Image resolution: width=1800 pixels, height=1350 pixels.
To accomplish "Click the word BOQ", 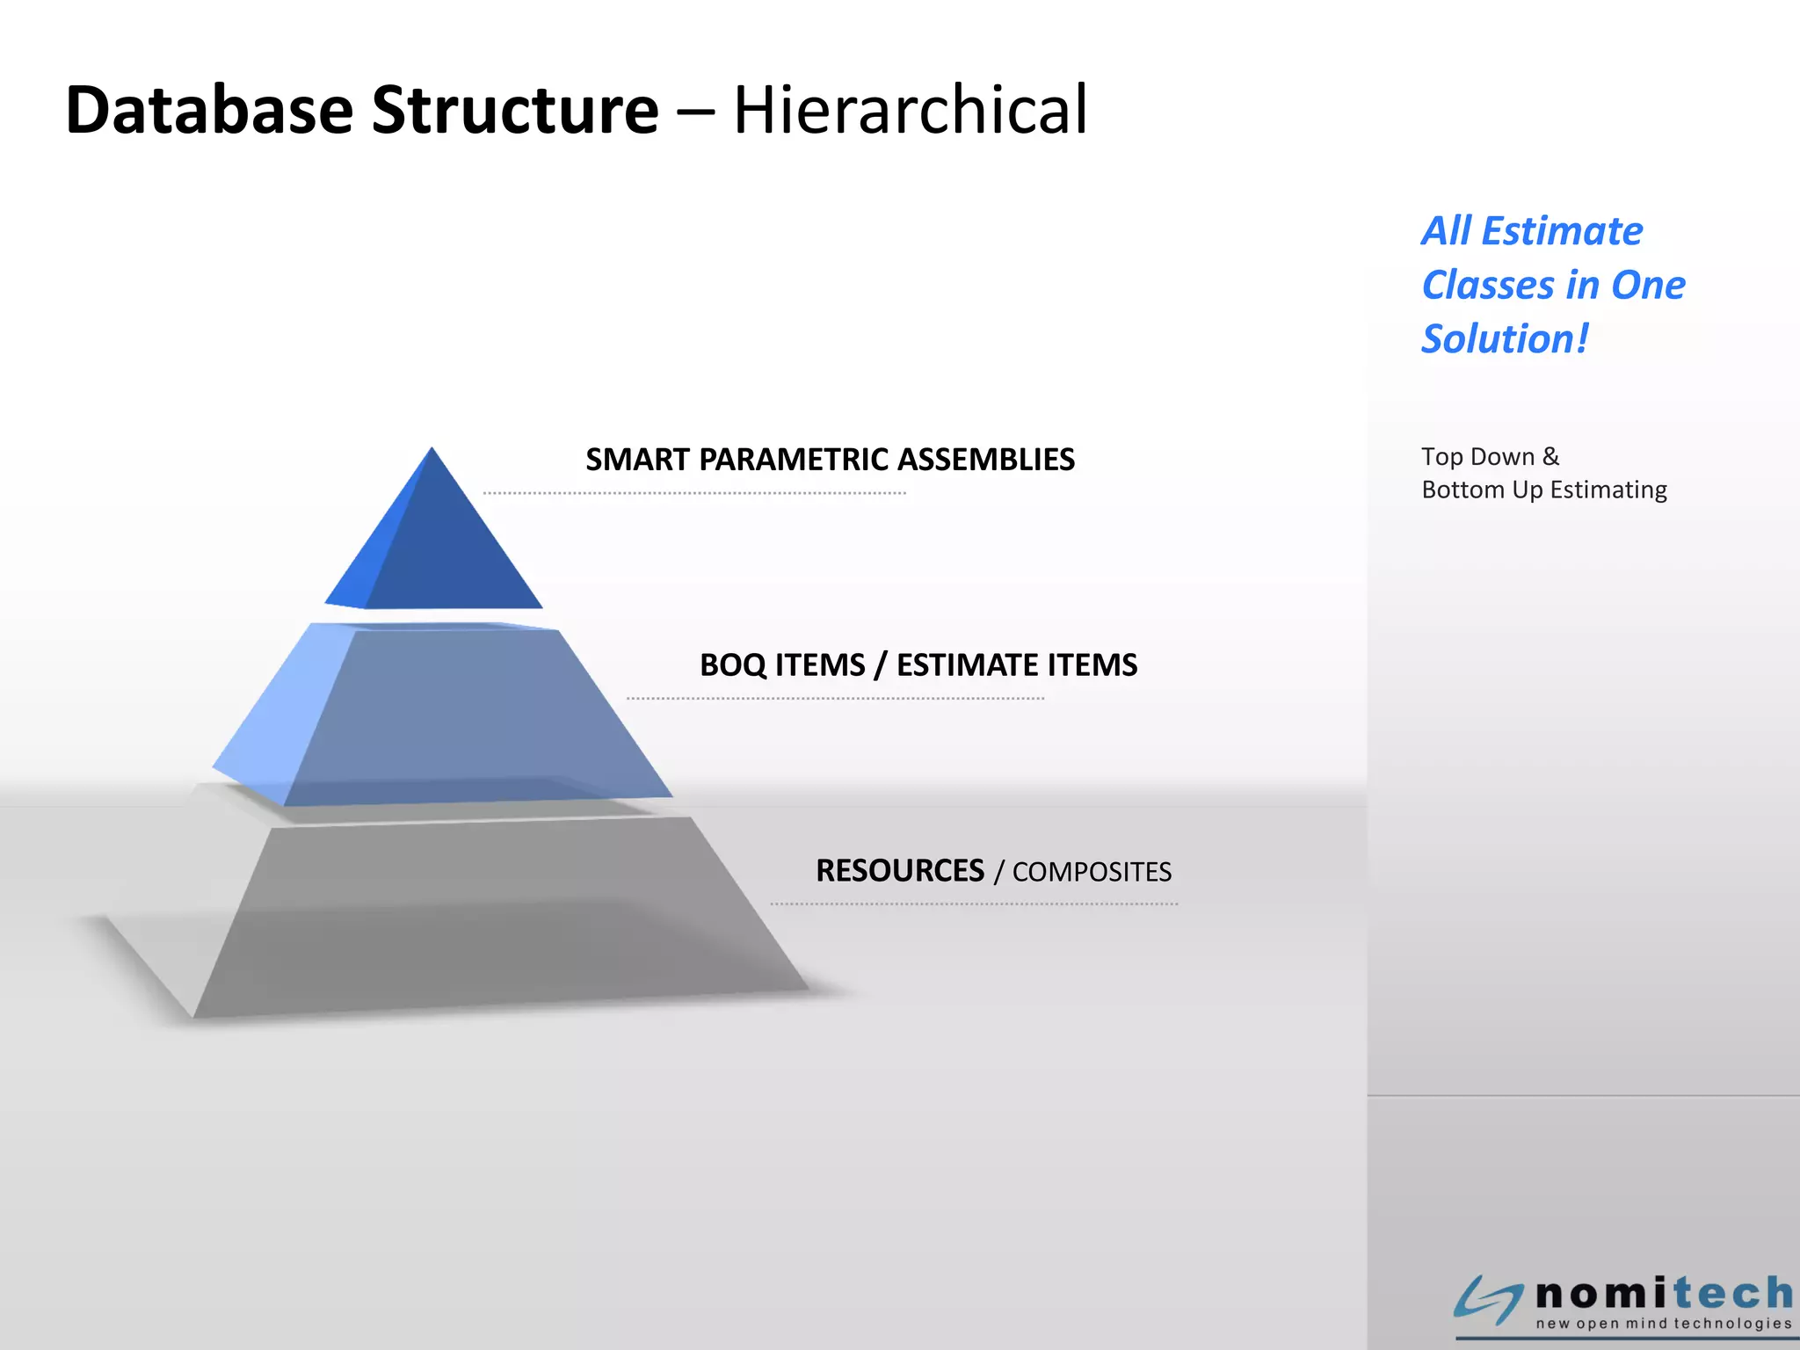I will (x=733, y=665).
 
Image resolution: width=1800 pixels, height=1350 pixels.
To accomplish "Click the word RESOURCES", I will (x=900, y=871).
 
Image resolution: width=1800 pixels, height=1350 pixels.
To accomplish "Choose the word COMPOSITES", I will (x=1092, y=872).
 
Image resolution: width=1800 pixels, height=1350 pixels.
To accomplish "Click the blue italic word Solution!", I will (x=1505, y=339).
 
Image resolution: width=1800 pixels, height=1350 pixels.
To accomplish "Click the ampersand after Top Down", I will (x=1550, y=456).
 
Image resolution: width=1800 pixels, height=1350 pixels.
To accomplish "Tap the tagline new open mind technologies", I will (x=1663, y=1324).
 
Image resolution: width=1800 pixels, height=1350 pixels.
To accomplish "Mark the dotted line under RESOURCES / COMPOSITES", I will (x=974, y=904).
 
